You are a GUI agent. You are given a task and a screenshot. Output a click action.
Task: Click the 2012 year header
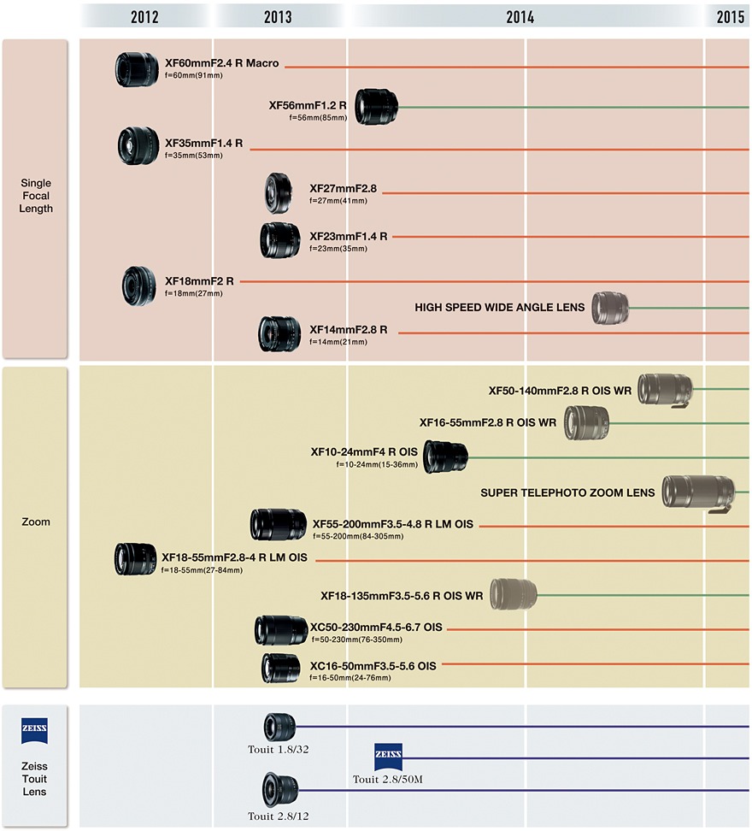tap(146, 16)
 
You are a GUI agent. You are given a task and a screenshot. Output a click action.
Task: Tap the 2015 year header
tap(730, 16)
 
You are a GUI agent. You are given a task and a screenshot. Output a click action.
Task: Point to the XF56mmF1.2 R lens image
tap(376, 107)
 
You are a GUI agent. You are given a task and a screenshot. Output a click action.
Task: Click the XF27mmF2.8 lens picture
tap(280, 193)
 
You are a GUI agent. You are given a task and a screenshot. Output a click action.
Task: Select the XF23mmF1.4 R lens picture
tap(280, 240)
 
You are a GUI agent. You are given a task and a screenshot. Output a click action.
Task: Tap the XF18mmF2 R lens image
tap(139, 286)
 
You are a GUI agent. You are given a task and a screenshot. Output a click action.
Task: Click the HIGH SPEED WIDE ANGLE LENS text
tap(500, 307)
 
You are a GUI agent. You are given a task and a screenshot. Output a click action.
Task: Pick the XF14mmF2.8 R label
tap(349, 329)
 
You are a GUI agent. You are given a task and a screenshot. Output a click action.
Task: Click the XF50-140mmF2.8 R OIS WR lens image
tap(665, 390)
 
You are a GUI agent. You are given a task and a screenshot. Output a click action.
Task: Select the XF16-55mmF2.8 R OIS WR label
tap(487, 421)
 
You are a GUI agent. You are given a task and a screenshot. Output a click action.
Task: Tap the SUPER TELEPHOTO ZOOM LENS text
tap(567, 492)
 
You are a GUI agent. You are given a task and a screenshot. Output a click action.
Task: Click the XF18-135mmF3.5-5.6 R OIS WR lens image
tap(514, 595)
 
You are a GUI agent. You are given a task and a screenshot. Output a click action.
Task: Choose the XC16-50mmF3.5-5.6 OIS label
tap(373, 665)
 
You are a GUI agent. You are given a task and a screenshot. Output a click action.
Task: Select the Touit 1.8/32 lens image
tap(279, 727)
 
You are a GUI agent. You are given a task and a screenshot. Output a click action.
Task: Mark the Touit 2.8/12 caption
tap(279, 816)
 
